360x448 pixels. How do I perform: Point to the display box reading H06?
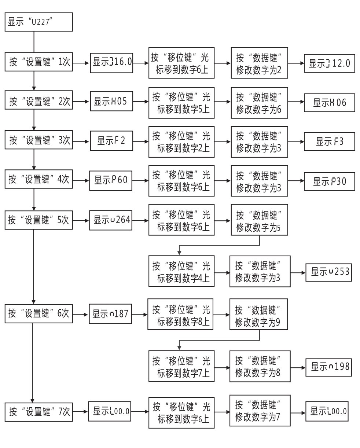click(x=329, y=102)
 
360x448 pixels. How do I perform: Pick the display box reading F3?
click(x=329, y=142)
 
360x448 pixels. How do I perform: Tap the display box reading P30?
click(x=329, y=181)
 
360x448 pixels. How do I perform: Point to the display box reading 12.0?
click(x=329, y=63)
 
